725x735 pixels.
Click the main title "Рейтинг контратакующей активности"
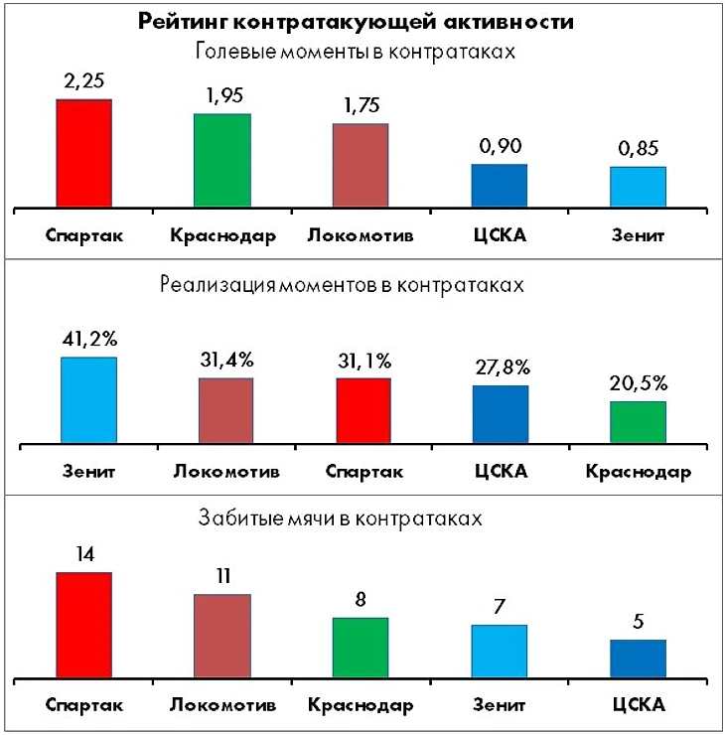pos(362,23)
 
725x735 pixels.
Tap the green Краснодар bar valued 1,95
pos(221,161)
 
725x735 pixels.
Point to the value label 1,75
pos(360,105)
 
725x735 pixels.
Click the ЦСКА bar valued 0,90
pos(499,186)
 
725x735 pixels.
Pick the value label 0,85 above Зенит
pos(637,149)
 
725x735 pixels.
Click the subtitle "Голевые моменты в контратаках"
pos(362,51)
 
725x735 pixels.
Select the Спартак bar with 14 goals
pos(83,627)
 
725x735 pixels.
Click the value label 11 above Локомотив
pos(221,576)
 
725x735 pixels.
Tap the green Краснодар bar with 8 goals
pos(360,649)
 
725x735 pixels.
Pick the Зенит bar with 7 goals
pos(499,653)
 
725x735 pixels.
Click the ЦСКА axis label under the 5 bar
pos(637,705)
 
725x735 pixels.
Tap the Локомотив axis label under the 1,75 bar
pos(360,236)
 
